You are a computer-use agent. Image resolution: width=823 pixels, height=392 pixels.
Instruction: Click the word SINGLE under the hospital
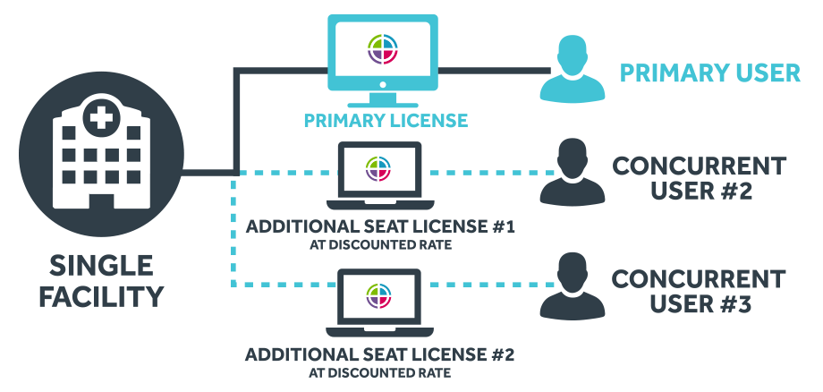(101, 266)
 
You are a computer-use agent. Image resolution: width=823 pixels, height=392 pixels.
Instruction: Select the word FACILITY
(101, 296)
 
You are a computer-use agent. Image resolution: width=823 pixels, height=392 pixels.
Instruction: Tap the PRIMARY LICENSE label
(385, 120)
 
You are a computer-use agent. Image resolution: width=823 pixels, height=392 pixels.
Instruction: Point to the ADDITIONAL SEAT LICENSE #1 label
(380, 226)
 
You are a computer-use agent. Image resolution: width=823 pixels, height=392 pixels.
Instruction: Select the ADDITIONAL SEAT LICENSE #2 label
(380, 354)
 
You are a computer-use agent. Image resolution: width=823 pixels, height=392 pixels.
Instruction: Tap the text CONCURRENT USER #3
(699, 291)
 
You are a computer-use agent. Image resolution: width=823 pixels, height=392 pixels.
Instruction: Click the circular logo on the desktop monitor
(383, 49)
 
